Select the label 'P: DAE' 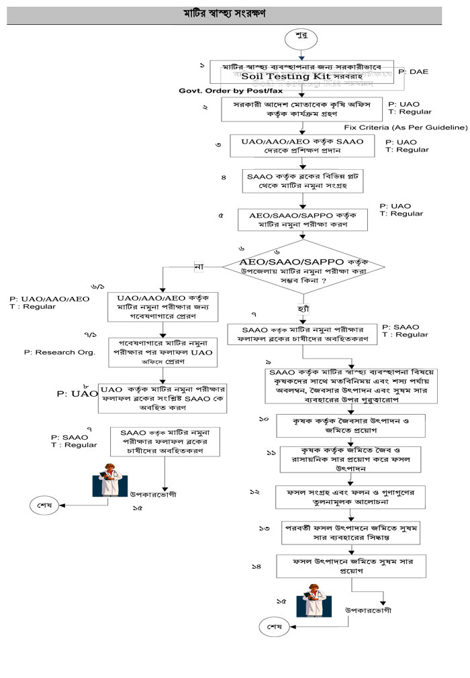(413, 71)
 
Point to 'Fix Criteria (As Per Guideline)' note (406, 126)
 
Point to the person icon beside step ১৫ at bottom (316, 601)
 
